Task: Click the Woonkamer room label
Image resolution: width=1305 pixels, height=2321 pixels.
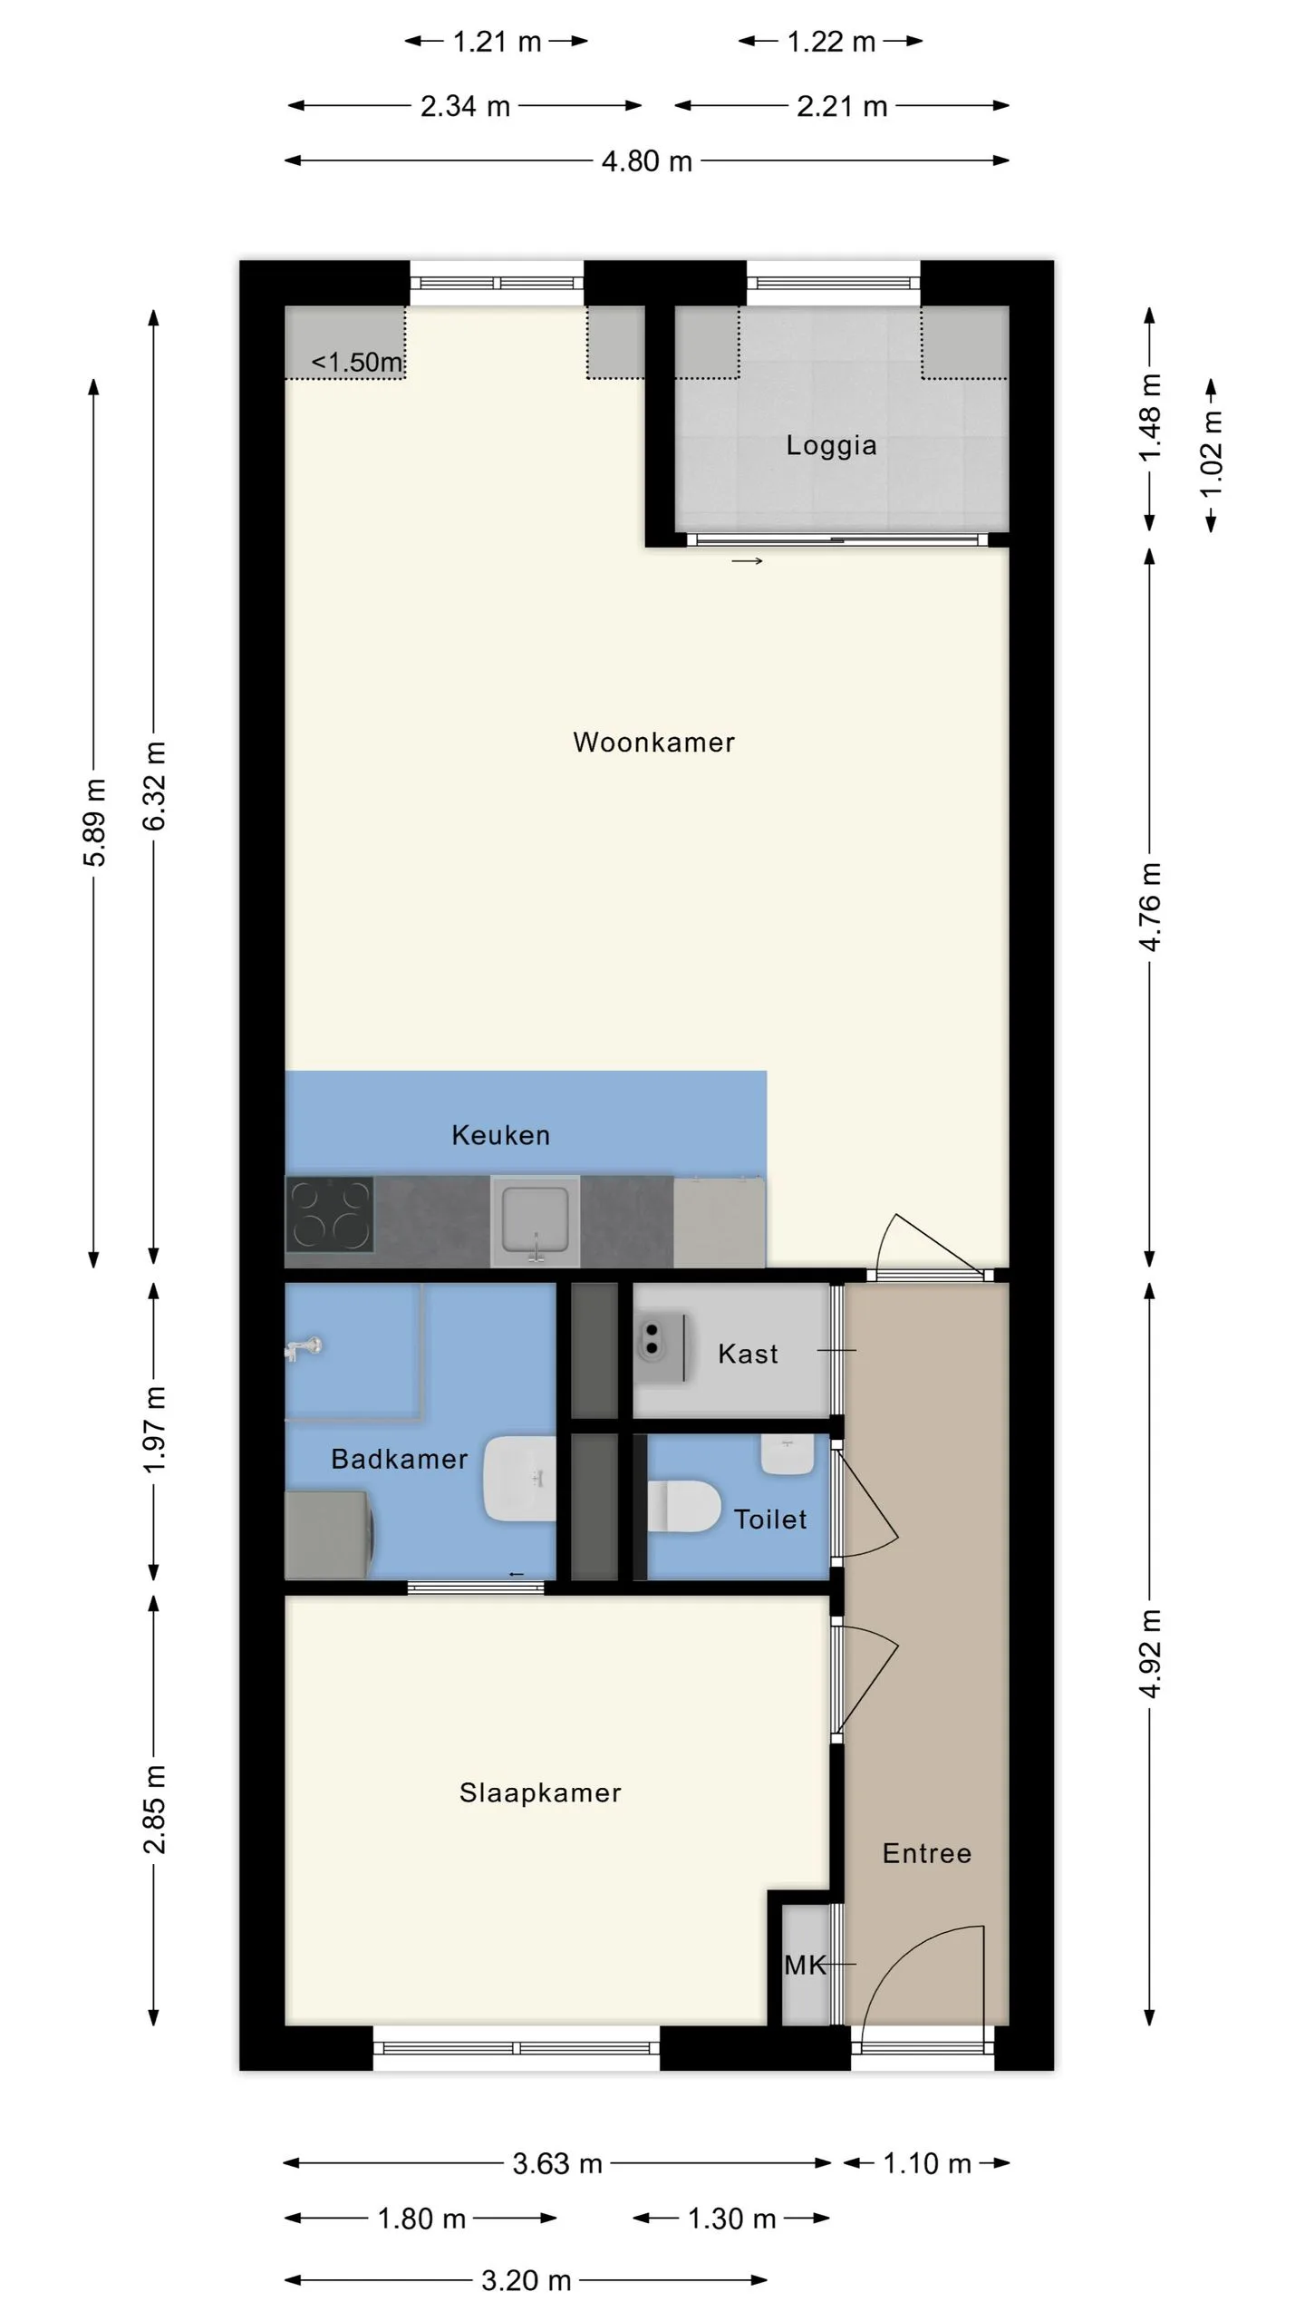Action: (653, 743)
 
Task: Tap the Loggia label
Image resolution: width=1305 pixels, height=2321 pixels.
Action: (831, 445)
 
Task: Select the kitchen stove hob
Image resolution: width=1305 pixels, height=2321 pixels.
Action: (330, 1215)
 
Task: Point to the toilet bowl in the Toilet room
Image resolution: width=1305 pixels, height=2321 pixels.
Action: (684, 1506)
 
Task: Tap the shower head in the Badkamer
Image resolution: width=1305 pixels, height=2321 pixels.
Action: (303, 1348)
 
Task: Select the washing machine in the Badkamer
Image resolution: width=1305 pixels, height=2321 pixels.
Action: (328, 1535)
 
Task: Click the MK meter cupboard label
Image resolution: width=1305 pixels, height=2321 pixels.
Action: (806, 1966)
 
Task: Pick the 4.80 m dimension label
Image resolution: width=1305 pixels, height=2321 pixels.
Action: (647, 161)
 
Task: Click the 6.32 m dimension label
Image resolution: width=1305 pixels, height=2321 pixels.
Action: (155, 785)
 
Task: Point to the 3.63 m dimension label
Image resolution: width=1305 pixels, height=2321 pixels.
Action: (557, 2164)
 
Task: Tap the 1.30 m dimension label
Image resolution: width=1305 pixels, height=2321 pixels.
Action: (731, 2219)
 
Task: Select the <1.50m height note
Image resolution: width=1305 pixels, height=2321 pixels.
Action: (356, 362)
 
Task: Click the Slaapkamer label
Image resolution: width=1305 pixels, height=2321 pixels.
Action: (540, 1792)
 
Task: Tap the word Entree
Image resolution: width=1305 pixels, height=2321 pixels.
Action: (927, 1853)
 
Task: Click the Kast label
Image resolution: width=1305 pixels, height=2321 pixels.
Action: (748, 1354)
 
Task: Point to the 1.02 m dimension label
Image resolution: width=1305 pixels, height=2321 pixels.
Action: (1212, 452)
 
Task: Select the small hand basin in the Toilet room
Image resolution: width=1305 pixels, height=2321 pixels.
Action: (787, 1454)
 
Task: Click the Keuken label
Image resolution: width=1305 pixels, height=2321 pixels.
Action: (501, 1135)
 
